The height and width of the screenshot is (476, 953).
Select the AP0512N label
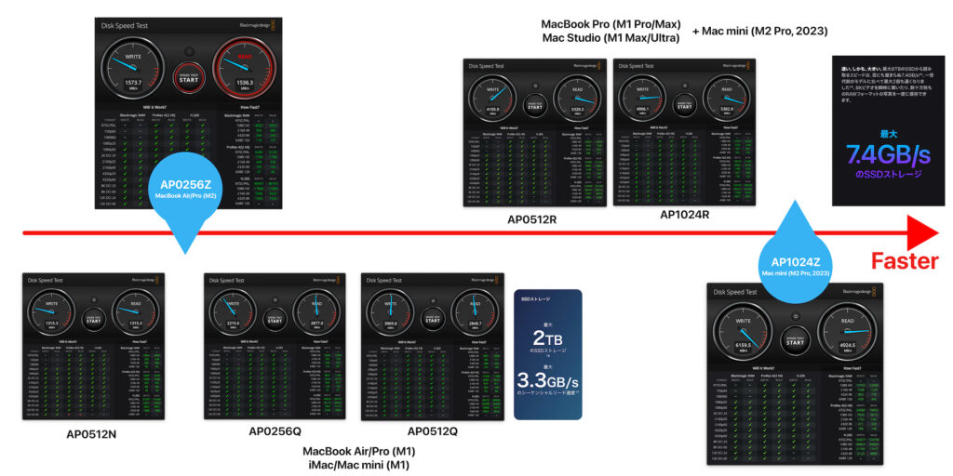91,433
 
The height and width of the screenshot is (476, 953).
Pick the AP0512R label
531,220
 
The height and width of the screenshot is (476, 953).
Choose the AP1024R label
684,215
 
